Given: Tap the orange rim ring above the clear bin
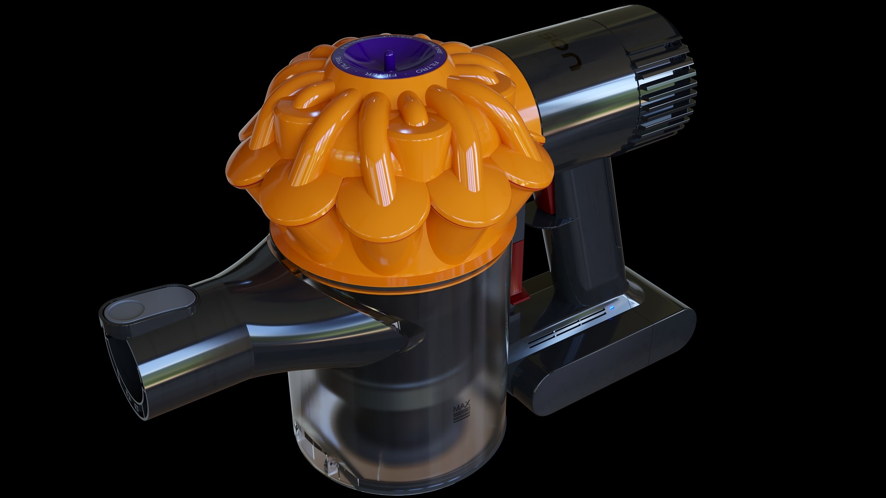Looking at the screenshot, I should click(392, 284).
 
